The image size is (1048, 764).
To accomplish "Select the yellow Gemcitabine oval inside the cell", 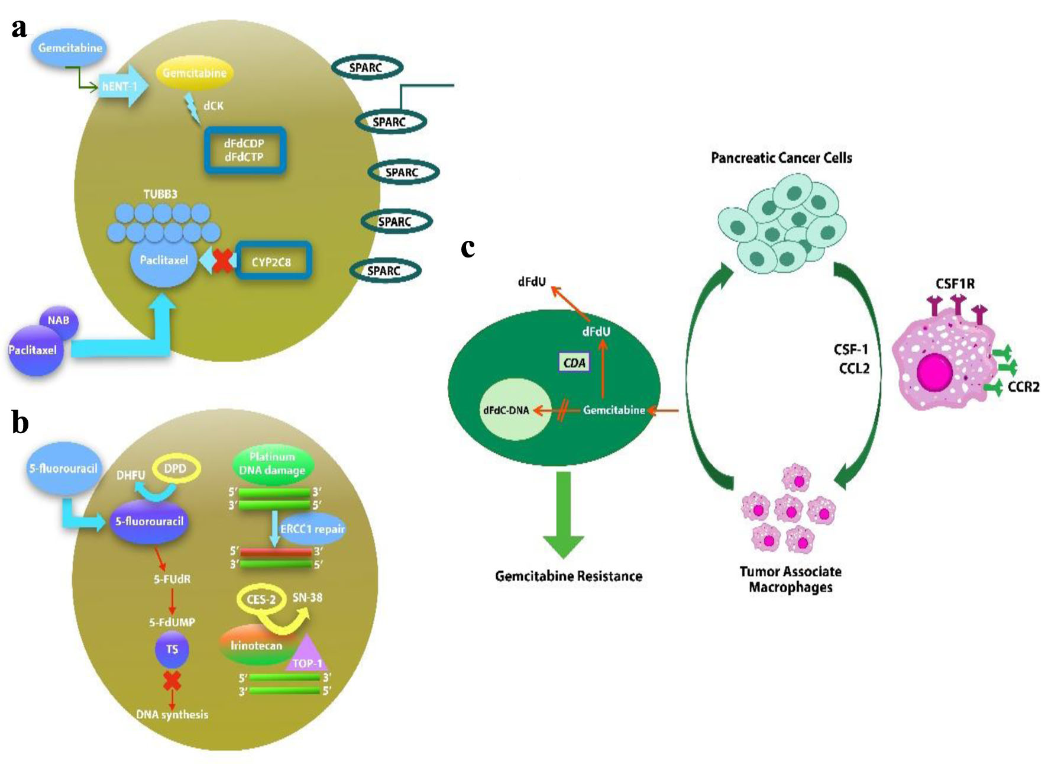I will point(195,73).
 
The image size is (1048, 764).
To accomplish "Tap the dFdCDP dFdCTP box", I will point(245,150).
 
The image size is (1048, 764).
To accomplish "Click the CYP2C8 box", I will point(273,261).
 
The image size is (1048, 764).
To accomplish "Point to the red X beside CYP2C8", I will point(222,260).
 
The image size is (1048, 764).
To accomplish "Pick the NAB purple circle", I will point(59,321).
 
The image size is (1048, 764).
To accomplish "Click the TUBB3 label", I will point(160,194).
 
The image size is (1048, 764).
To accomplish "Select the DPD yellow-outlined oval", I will point(176,469).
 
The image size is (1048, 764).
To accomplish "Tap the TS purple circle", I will point(172,649).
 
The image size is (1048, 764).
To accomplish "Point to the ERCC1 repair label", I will point(312,529).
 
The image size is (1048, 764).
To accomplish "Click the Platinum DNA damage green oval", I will point(272,464).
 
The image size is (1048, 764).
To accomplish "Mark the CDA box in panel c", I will point(574,363).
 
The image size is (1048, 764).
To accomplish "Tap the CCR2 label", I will point(1023,387).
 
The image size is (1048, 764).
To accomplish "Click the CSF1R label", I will point(955,284).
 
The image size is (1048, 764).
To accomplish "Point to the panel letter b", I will point(20,423).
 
